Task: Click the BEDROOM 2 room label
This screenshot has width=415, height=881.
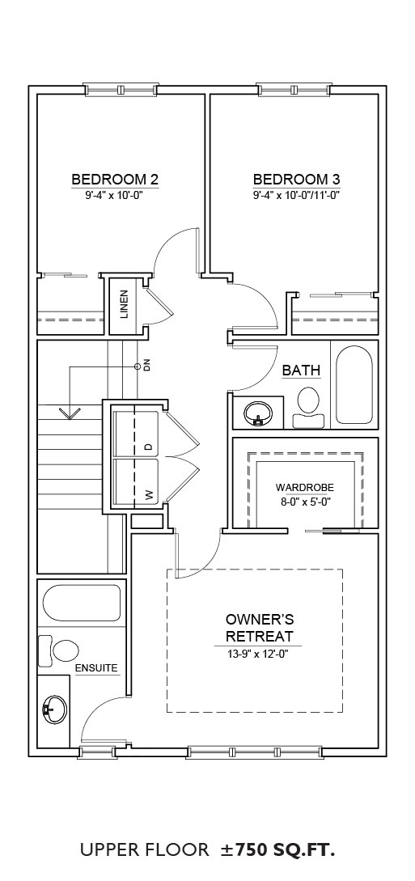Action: click(x=115, y=180)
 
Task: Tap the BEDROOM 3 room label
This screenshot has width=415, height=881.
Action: click(x=297, y=180)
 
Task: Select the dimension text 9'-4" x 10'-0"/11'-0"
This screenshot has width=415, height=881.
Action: click(x=297, y=196)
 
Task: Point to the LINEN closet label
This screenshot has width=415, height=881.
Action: click(x=124, y=304)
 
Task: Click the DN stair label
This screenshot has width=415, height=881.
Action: click(x=147, y=366)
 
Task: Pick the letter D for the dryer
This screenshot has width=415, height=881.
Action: click(x=148, y=447)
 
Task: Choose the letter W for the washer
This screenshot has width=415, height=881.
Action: click(x=148, y=494)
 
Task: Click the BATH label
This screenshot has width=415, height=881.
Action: click(x=301, y=371)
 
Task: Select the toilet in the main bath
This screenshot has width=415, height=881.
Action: click(x=309, y=408)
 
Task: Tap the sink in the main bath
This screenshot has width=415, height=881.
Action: click(x=257, y=413)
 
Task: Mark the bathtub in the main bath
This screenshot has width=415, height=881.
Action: click(x=354, y=385)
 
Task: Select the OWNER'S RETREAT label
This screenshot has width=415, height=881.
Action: click(x=260, y=628)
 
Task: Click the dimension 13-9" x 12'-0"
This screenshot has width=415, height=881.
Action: click(x=260, y=654)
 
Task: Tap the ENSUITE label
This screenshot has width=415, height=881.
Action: click(x=96, y=668)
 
